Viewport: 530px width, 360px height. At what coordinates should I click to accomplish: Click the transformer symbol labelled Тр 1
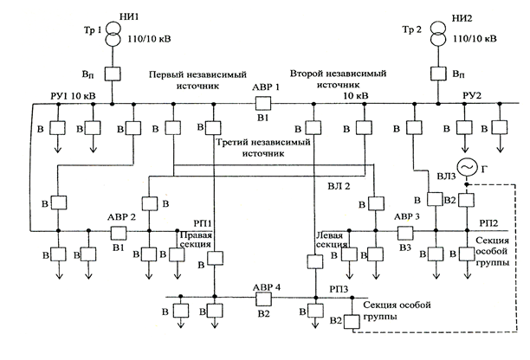coord(113,34)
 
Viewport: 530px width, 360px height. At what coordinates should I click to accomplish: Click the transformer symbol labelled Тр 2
coord(438,34)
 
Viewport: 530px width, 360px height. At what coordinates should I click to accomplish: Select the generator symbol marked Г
coord(467,167)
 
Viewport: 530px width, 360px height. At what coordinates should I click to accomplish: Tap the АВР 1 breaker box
coord(263,103)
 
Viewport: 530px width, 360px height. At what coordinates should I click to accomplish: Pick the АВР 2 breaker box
coord(119,232)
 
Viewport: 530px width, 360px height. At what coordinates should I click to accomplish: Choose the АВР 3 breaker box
coord(405,232)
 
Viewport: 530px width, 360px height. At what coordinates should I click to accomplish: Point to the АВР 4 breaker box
coord(263,299)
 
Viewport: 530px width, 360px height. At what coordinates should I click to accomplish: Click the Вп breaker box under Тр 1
coord(113,74)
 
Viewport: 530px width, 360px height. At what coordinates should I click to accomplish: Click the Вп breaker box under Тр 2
coord(438,73)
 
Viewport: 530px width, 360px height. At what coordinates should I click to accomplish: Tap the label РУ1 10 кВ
coord(73,96)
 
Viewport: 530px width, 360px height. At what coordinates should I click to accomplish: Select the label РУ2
coord(472,95)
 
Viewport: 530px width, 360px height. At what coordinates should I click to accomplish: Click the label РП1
coord(203,223)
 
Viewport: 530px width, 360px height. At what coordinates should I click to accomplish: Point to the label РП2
coord(488,223)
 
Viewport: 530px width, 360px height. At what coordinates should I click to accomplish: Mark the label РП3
coord(339,289)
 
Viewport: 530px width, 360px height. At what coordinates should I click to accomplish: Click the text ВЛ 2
coord(339,186)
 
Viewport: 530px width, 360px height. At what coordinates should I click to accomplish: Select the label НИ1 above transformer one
coord(129,16)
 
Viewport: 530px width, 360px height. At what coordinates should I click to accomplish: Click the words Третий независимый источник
coord(263,148)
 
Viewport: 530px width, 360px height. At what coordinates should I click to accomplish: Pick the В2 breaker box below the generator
coord(467,200)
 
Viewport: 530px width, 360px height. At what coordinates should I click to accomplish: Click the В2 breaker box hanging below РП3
coord(352,322)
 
